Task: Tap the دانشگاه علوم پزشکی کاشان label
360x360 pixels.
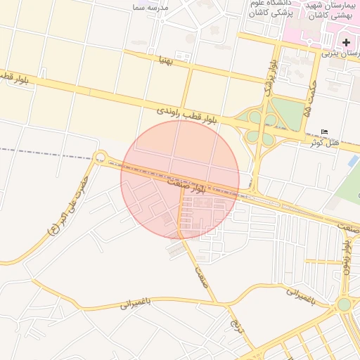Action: point(271,9)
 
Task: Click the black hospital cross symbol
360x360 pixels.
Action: point(346,42)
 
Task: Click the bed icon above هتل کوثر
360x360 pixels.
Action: point(323,132)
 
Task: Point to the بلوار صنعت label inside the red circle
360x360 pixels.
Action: point(186,184)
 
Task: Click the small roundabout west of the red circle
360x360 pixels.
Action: point(100,157)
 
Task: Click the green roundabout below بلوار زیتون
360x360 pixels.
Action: point(344,304)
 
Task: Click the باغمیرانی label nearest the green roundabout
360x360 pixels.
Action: point(304,295)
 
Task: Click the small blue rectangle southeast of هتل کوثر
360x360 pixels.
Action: point(354,160)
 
